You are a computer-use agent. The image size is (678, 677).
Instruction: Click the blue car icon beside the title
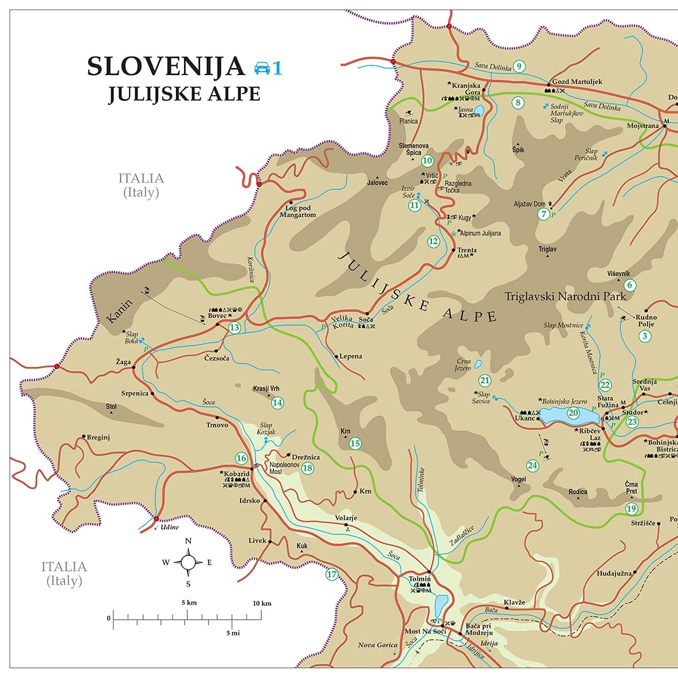click(262, 68)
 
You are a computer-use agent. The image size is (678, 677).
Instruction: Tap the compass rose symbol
click(188, 562)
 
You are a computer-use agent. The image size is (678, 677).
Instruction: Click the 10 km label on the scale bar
click(262, 603)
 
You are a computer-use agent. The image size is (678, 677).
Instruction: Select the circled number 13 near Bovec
click(234, 328)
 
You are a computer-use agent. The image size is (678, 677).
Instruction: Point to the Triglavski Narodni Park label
click(565, 296)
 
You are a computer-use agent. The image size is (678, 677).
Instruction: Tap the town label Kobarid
click(237, 474)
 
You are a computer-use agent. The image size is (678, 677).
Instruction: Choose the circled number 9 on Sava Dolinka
click(519, 66)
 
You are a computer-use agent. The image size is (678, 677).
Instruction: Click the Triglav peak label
click(547, 249)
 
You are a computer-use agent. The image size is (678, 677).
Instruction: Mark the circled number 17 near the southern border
click(332, 574)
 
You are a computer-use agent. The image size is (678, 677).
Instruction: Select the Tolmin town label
click(420, 579)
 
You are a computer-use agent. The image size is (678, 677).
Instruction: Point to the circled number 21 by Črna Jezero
click(485, 380)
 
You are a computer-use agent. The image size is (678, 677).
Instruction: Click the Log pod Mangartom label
click(297, 212)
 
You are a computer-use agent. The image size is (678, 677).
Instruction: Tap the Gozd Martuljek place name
click(577, 81)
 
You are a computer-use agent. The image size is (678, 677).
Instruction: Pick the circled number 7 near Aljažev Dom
click(544, 214)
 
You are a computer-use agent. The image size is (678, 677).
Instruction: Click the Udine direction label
click(170, 527)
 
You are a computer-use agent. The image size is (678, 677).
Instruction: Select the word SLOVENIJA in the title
click(166, 66)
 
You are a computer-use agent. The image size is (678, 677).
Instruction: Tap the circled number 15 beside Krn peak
click(355, 443)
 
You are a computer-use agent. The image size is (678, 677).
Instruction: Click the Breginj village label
click(98, 437)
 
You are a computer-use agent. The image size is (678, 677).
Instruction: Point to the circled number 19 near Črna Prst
click(631, 508)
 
